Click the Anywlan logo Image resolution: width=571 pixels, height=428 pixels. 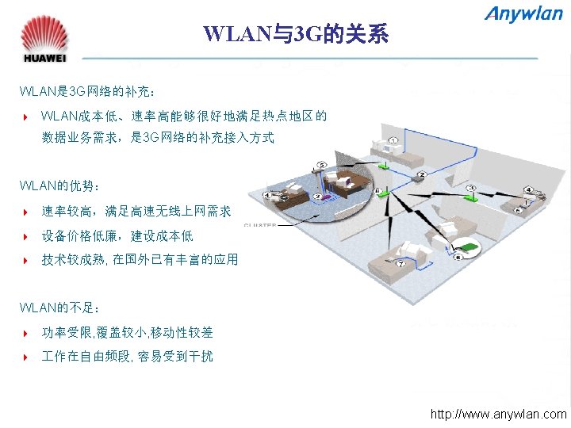524,14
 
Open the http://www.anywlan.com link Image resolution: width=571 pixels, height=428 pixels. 498,414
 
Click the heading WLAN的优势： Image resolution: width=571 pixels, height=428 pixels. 60,186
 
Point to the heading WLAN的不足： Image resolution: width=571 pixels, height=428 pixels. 60,308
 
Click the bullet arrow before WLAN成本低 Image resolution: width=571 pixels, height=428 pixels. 26,117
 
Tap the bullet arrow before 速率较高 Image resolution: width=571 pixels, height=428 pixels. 26,212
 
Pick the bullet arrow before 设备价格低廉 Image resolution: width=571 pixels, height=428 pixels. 26,236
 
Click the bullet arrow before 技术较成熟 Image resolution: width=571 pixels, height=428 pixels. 26,260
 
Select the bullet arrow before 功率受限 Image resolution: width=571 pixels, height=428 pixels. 26,333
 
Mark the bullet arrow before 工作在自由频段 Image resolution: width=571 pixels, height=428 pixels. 26,357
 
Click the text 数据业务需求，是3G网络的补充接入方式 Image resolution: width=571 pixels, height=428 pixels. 158,138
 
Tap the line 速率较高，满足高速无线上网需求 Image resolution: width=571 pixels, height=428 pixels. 136,212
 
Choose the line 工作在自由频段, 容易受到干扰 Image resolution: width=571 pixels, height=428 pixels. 127,357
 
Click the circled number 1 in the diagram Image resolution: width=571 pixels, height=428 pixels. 393,141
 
